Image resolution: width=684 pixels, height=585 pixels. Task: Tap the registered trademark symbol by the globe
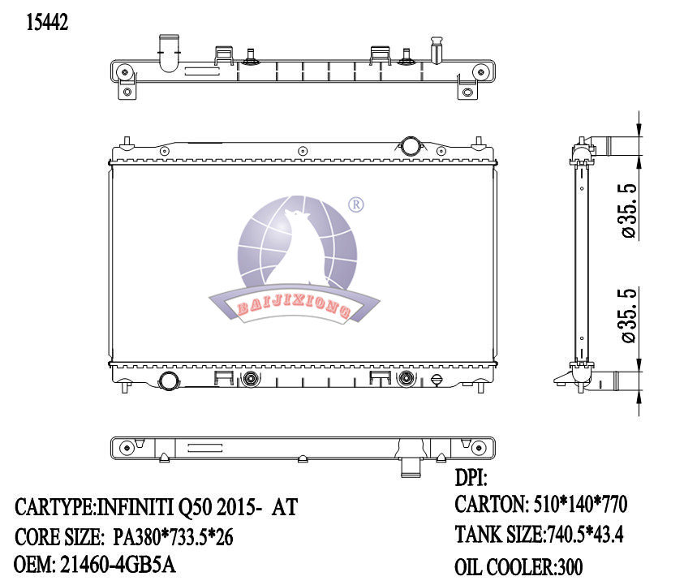coord(355,204)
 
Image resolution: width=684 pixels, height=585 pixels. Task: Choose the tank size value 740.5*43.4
coord(583,535)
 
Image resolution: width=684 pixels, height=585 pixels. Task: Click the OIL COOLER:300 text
coord(518,566)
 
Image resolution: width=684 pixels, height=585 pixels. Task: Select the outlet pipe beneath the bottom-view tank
coord(411,467)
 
